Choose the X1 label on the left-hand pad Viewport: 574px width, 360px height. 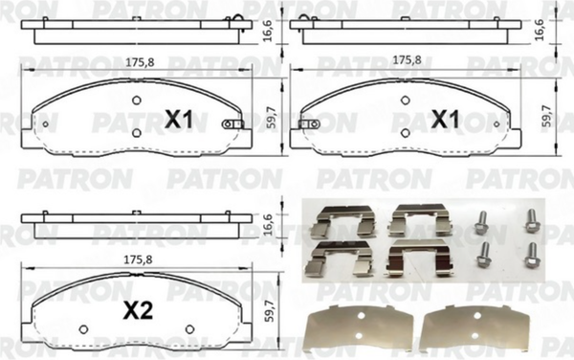(179, 120)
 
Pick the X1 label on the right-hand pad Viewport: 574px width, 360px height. (444, 120)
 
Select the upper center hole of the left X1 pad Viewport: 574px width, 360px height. (137, 101)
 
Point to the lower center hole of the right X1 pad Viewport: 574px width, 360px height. (405, 134)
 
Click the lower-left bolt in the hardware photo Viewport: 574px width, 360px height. (483, 255)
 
